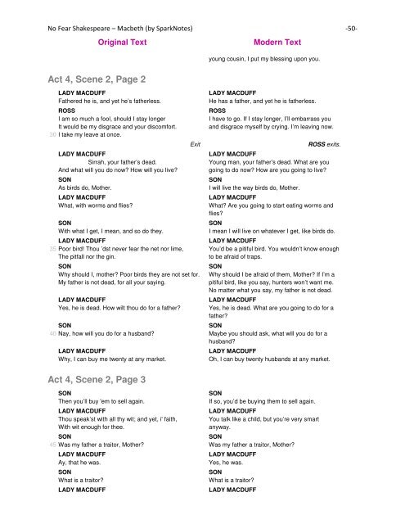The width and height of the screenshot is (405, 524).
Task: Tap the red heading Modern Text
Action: click(x=278, y=42)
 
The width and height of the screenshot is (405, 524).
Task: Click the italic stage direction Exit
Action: click(x=196, y=144)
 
